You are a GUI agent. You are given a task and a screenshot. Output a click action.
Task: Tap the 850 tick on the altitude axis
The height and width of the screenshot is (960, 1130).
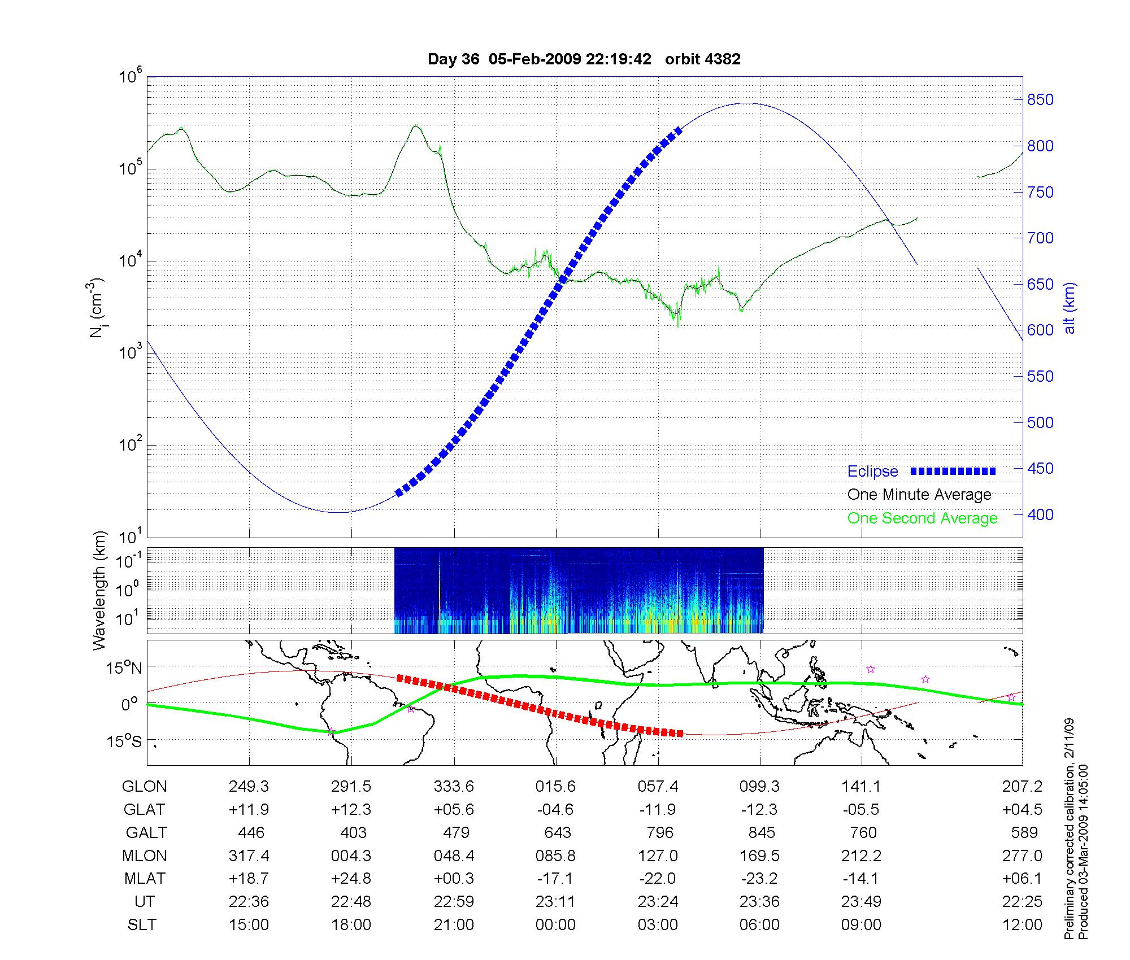coord(1040,100)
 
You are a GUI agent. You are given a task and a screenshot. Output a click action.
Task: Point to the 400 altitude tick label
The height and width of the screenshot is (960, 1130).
coord(1040,514)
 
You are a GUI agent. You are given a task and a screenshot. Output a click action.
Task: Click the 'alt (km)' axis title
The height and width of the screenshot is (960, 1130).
coord(1069,308)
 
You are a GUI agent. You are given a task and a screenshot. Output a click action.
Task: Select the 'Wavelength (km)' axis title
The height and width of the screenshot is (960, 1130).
coord(99,590)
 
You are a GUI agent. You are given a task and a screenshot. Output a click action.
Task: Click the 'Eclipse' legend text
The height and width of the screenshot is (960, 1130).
coord(872,472)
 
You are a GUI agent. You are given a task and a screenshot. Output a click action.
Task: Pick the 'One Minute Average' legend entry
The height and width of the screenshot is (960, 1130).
coord(919,495)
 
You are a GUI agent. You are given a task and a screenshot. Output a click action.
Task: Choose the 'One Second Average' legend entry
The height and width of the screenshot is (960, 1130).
coord(922,518)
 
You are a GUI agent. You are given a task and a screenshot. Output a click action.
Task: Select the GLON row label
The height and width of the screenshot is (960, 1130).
coord(145,787)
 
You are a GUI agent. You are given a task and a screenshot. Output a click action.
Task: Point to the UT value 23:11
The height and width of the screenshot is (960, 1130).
coord(555,902)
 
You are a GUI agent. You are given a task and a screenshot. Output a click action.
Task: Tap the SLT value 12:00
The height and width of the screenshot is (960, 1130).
coord(1022,925)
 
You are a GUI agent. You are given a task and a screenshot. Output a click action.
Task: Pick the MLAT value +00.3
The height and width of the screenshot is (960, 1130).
coord(454,879)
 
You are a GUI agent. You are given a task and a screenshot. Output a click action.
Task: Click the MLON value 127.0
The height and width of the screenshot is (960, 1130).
coord(658,856)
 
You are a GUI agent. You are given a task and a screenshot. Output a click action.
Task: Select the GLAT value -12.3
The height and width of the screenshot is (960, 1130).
coord(759,810)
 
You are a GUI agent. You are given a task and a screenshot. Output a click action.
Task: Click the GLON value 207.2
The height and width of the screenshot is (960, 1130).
coord(1022,787)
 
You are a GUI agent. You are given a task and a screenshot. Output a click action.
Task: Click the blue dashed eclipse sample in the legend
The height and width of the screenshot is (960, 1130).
coord(953,471)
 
